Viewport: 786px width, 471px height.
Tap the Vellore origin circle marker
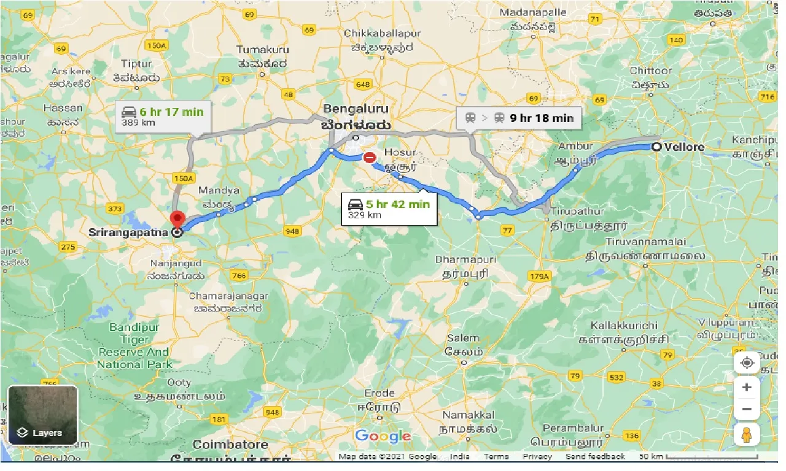coord(656,147)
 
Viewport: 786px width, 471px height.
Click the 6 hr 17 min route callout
coord(163,116)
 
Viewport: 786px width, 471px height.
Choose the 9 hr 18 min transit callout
coord(519,118)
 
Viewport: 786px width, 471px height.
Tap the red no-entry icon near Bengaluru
coord(369,158)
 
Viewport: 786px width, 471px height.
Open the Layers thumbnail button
coord(42,415)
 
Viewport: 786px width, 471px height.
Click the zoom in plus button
coord(747,387)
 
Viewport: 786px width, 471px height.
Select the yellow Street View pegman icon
coord(747,434)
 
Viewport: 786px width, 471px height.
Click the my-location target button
coord(747,362)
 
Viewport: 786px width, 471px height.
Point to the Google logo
coord(382,436)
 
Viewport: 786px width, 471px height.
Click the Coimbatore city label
coord(230,444)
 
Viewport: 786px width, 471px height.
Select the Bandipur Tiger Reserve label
coord(134,346)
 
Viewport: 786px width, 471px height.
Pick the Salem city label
coord(462,338)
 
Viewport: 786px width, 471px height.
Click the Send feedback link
coord(595,456)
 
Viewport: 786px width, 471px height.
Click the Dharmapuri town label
coord(465,259)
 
